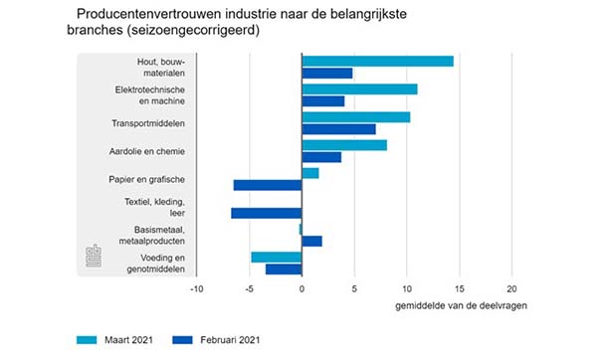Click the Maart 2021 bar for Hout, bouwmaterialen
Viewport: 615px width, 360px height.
pyautogui.click(x=377, y=62)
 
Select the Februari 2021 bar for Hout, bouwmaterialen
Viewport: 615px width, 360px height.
pyautogui.click(x=327, y=74)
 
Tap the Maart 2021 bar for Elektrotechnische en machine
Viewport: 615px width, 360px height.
pyautogui.click(x=359, y=90)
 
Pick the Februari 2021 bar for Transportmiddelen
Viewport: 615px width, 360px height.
pyautogui.click(x=338, y=129)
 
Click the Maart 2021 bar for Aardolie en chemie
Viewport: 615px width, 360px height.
pyautogui.click(x=344, y=145)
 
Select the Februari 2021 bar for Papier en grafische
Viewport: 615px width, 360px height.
pyautogui.click(x=268, y=185)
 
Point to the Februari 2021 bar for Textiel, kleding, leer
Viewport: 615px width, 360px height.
pyautogui.click(x=267, y=213)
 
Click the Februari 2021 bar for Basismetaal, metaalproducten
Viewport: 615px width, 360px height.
pyautogui.click(x=311, y=241)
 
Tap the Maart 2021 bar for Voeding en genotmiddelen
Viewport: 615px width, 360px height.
pyautogui.click(x=277, y=257)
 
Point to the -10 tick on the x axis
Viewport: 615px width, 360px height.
pyautogui.click(x=196, y=289)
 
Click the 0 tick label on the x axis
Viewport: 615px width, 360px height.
pyautogui.click(x=302, y=289)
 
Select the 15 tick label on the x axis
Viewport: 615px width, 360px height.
pyautogui.click(x=459, y=289)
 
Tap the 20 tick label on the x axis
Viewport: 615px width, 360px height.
pyautogui.click(x=512, y=289)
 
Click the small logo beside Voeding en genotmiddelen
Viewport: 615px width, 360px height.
pyautogui.click(x=95, y=256)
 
